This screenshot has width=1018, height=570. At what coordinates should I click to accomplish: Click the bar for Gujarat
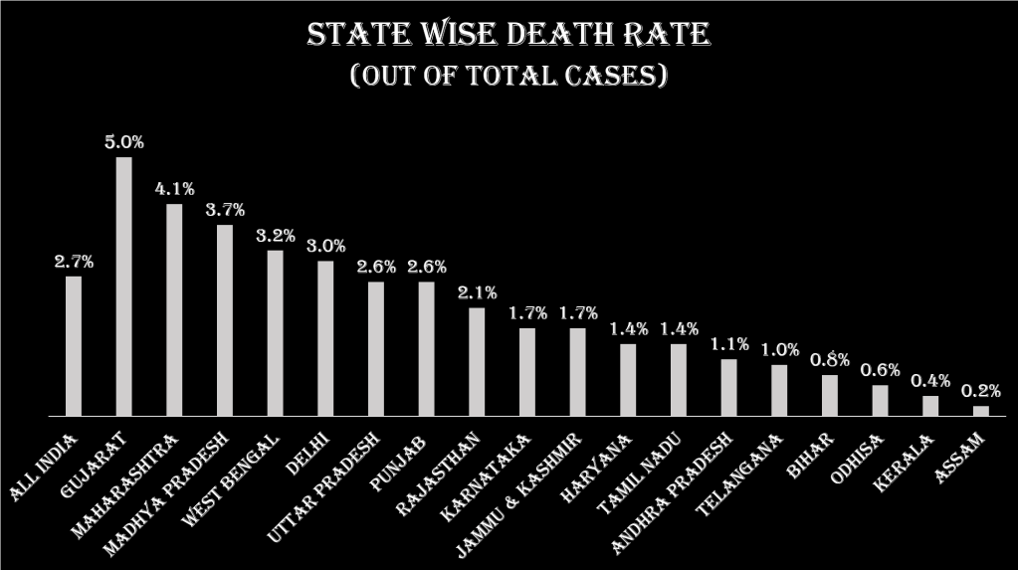[x=123, y=286]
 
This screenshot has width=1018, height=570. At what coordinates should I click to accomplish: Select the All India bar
[x=74, y=345]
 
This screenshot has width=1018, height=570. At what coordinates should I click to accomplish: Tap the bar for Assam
[x=980, y=410]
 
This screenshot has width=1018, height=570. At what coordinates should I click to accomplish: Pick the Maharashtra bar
[x=174, y=309]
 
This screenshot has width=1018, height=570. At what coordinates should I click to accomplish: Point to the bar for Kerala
[x=930, y=405]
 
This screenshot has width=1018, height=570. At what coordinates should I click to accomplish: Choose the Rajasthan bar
[x=477, y=361]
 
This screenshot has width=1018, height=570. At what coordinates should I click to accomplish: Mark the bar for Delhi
[x=325, y=338]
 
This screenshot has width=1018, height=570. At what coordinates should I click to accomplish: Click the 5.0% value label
[x=124, y=142]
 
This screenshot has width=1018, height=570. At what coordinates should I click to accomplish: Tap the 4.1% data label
[x=174, y=189]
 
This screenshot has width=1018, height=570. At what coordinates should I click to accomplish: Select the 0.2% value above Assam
[x=981, y=391]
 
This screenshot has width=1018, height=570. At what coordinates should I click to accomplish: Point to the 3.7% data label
[x=225, y=210]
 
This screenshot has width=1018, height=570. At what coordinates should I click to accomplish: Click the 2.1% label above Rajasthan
[x=477, y=292]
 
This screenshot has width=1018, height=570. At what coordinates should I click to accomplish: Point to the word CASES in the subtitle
[x=607, y=77]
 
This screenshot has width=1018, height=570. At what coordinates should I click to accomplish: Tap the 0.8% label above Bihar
[x=829, y=360]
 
